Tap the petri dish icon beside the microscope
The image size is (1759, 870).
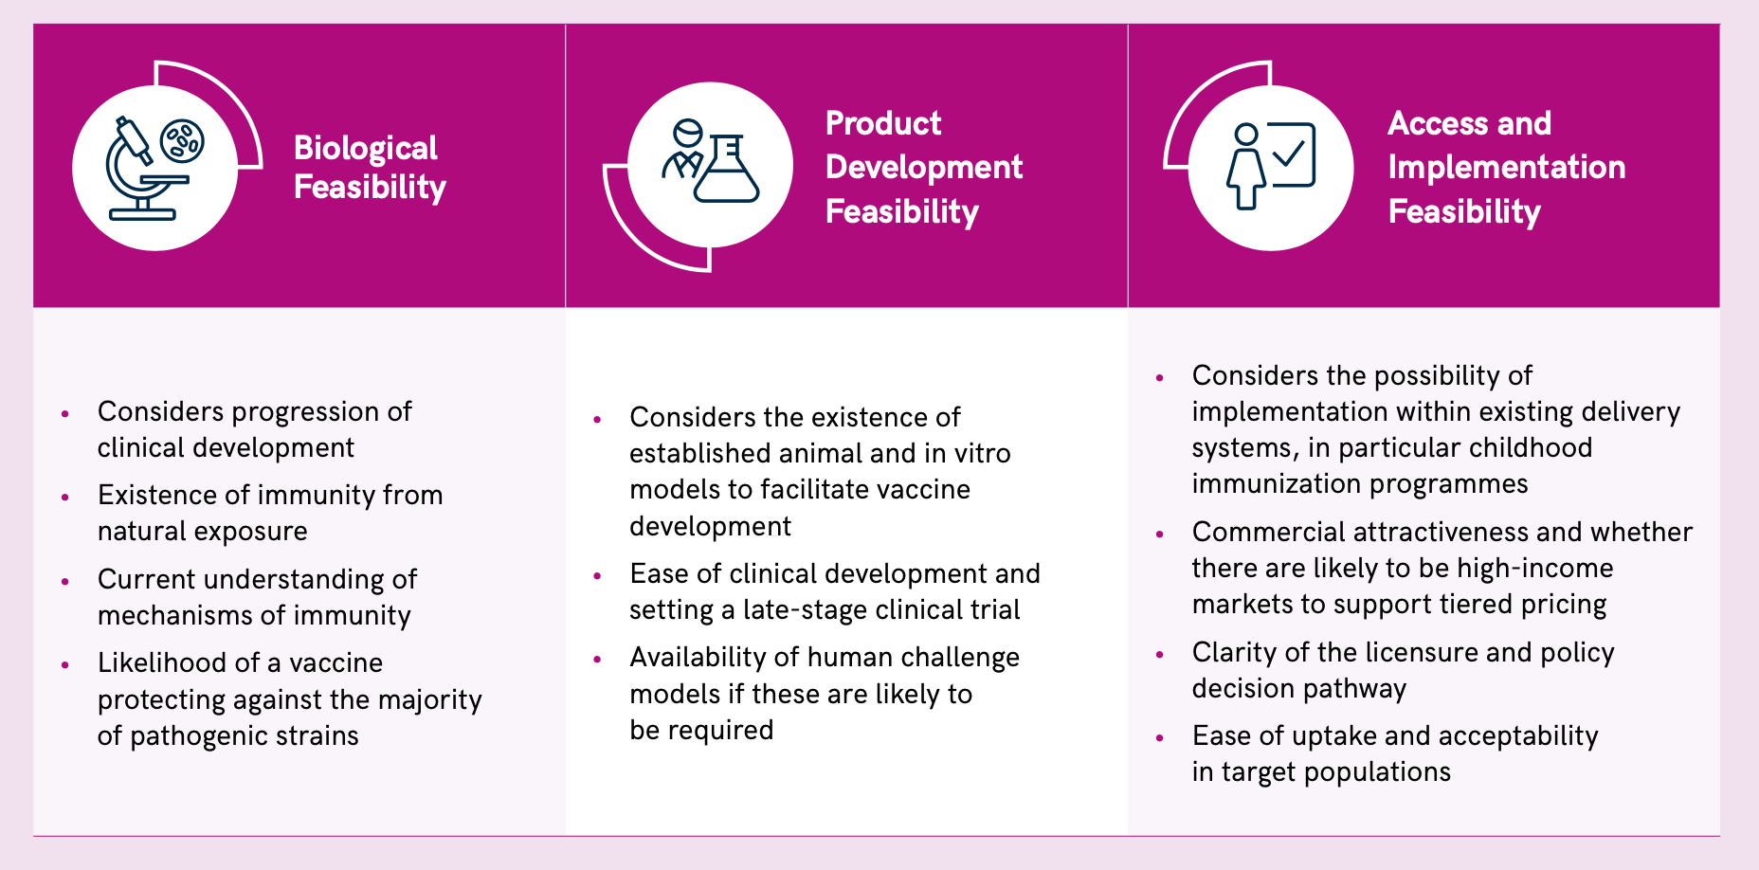pos(182,141)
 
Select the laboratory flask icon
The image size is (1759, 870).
pos(727,169)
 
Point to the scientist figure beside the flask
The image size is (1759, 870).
pos(684,150)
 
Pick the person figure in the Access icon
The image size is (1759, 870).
pos(1245,167)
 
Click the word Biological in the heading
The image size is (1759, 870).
pos(366,149)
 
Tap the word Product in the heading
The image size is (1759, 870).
pos(883,123)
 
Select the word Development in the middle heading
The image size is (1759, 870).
pos(924,168)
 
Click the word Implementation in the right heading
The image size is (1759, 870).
pos(1507,168)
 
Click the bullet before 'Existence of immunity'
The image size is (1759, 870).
pos(65,497)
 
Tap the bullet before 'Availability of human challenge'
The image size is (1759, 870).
pos(597,659)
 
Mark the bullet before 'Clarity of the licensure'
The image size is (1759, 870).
pos(1160,654)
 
